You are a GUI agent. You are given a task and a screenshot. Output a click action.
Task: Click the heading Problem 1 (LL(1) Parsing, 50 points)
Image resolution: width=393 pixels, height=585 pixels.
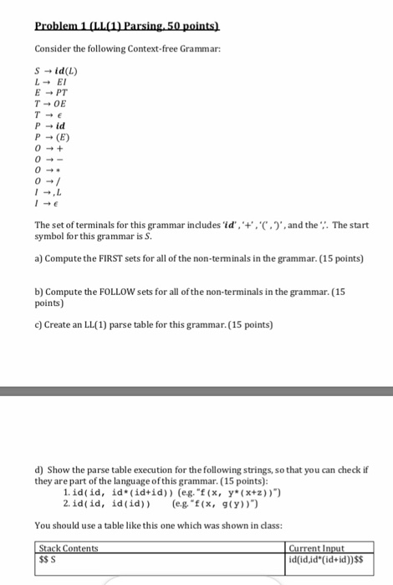click(x=115, y=15)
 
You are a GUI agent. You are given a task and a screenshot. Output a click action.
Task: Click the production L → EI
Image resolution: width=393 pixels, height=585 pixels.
click(x=53, y=82)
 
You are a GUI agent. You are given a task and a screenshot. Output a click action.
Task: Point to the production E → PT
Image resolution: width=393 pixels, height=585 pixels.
click(x=54, y=94)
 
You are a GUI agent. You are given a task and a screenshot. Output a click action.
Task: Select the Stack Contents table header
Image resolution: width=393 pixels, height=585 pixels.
click(x=69, y=548)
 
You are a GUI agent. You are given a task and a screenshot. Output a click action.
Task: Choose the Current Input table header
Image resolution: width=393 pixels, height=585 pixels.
click(x=314, y=548)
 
